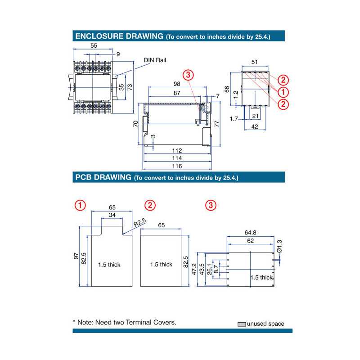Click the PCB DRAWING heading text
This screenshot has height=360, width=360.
103,177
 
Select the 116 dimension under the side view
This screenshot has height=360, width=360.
177,166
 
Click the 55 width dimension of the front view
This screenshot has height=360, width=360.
94,45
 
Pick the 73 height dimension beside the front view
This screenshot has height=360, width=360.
130,86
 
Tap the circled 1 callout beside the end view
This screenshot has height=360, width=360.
283,92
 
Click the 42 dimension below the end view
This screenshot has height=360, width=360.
254,127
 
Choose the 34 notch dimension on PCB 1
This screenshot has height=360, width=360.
112,216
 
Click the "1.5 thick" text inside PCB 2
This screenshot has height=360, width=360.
161,265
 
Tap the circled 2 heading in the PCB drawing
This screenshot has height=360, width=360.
150,206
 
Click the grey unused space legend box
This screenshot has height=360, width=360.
242,324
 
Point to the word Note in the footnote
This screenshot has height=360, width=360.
87,322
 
